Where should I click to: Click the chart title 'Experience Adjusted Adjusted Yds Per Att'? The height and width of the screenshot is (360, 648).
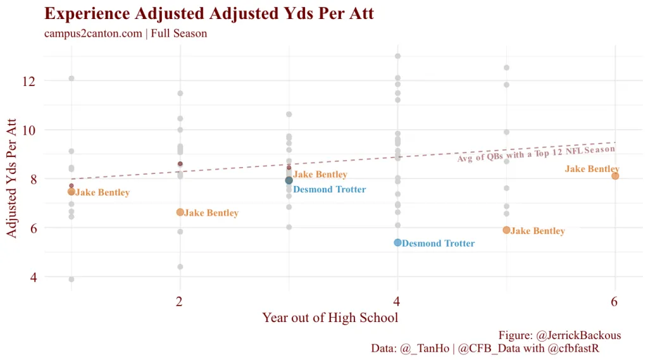(209, 14)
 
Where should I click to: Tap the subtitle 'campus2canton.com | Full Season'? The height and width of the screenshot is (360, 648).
(125, 34)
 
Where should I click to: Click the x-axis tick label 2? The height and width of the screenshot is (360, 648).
(180, 302)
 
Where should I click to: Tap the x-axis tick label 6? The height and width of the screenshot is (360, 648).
(614, 302)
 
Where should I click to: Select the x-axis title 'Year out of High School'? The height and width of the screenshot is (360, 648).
(330, 318)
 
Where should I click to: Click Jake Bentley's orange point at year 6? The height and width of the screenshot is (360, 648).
(615, 176)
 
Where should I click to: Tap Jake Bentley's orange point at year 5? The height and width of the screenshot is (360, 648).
(506, 230)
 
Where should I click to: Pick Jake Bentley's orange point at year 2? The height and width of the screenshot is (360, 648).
(180, 212)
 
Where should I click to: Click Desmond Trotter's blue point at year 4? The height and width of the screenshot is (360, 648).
(397, 242)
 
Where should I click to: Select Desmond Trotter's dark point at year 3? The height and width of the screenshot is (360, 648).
(289, 180)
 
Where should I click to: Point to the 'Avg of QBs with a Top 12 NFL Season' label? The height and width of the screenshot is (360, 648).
(536, 154)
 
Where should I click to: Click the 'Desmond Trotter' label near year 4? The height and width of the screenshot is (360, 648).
(438, 244)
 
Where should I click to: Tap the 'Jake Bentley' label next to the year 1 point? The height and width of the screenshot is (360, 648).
(103, 192)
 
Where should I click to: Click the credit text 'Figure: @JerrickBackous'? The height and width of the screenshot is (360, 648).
(559, 335)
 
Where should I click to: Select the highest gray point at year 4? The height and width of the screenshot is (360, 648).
(398, 56)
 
